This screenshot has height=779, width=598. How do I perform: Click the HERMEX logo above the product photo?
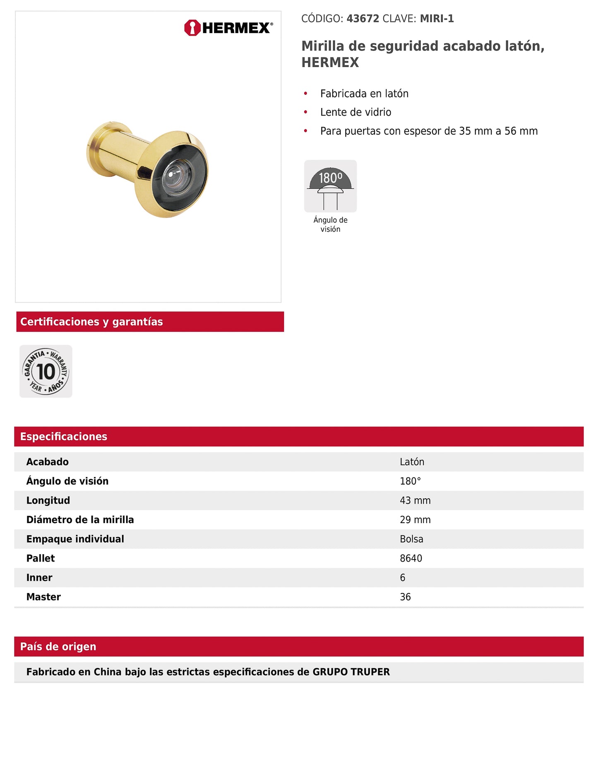click(228, 28)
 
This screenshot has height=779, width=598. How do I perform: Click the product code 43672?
click(363, 19)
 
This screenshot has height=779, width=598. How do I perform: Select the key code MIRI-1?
click(437, 19)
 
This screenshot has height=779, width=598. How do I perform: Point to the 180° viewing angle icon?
click(330, 186)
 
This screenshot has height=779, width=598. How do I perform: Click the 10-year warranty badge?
click(46, 371)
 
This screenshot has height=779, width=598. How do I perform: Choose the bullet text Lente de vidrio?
click(355, 112)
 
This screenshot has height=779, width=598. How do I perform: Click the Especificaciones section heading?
click(64, 437)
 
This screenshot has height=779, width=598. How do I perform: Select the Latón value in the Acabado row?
click(412, 462)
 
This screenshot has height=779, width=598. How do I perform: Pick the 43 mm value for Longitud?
click(415, 500)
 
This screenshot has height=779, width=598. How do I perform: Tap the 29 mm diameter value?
click(415, 520)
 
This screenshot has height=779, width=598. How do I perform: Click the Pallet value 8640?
click(411, 558)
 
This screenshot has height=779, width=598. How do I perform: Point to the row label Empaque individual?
click(75, 539)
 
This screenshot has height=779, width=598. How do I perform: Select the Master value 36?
click(405, 597)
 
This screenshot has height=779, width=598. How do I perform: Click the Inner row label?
click(39, 577)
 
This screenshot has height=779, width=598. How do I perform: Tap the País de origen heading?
click(58, 646)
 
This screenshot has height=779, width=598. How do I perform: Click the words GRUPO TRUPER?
click(351, 672)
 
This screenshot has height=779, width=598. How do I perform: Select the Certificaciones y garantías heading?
click(91, 322)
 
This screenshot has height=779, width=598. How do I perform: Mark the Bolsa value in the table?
click(411, 539)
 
